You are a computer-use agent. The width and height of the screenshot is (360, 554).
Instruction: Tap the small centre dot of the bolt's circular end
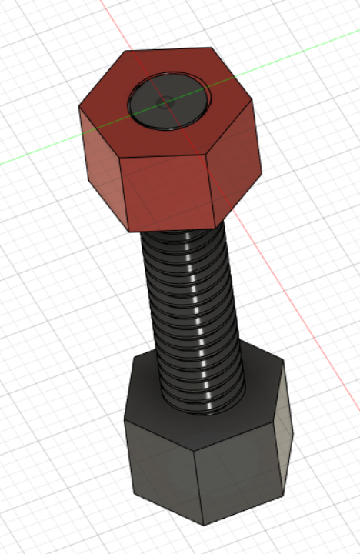click(162, 101)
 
